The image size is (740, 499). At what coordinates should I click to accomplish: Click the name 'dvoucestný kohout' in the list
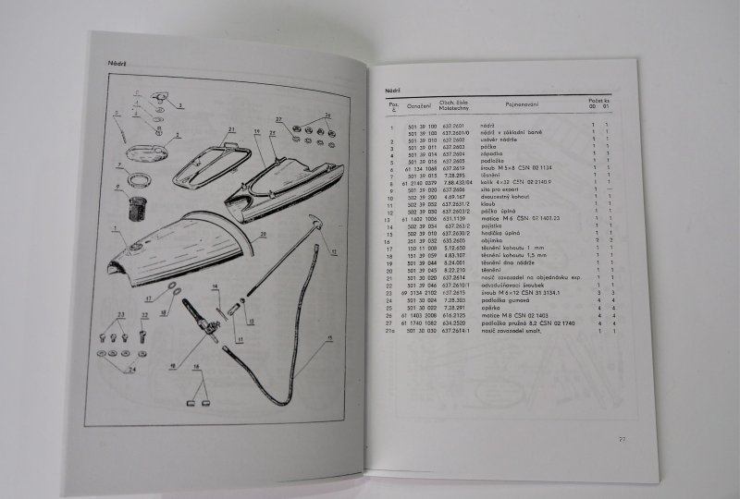(x=501, y=198)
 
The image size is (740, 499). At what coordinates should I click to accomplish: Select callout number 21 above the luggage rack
(x=232, y=129)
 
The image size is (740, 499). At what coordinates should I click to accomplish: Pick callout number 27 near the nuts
(x=278, y=119)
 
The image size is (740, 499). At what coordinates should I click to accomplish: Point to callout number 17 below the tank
(x=148, y=300)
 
